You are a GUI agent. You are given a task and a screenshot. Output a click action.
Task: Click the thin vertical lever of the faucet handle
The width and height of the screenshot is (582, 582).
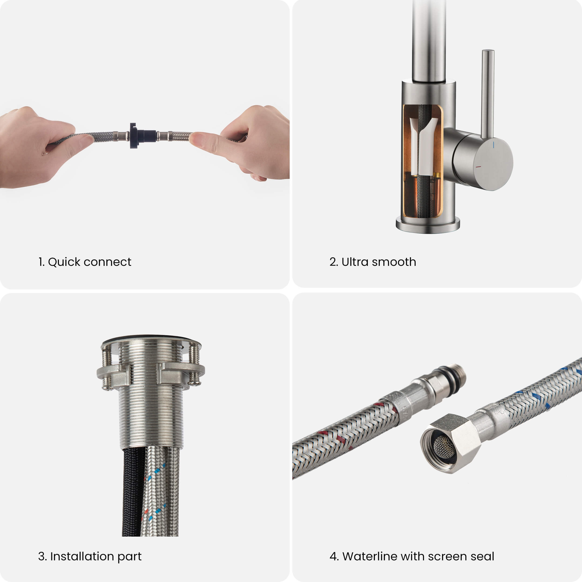pyautogui.click(x=488, y=93)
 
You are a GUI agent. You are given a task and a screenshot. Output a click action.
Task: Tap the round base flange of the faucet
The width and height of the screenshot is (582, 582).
pyautogui.click(x=428, y=225)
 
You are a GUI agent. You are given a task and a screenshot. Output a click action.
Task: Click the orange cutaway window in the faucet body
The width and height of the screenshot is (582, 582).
pyautogui.click(x=423, y=161)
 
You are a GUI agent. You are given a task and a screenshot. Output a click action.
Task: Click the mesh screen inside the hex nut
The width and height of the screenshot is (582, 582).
pyautogui.click(x=444, y=447)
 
